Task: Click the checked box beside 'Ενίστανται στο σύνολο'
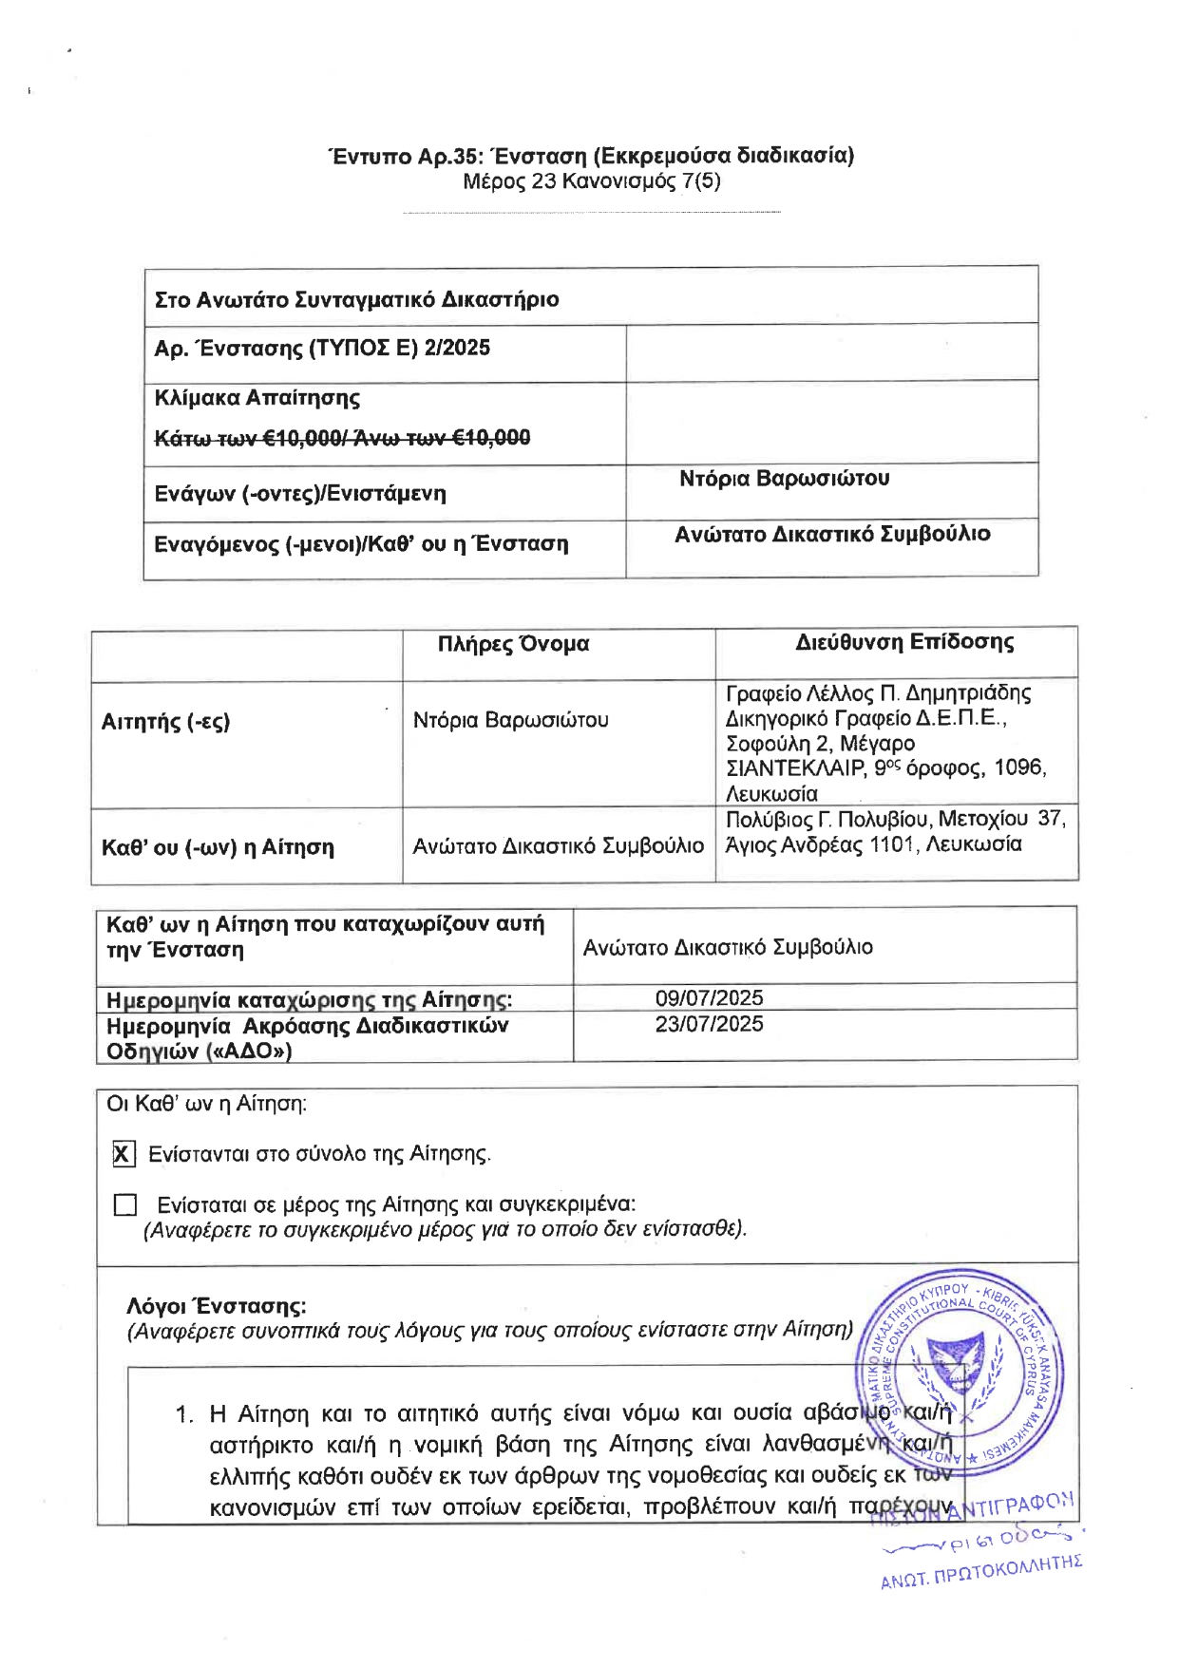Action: pos(124,1154)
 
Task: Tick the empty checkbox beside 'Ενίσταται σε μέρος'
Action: pos(124,1205)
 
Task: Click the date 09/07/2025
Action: pos(709,998)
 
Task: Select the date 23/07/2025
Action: pos(709,1024)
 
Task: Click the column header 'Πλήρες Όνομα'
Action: pos(513,644)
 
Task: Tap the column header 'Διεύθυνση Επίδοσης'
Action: pos(903,642)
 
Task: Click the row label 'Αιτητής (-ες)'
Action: pos(165,722)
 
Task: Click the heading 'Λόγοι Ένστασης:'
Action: pos(217,1306)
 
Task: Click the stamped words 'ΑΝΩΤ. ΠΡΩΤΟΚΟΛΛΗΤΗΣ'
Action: pos(981,1572)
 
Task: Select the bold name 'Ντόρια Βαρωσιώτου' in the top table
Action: pos(784,479)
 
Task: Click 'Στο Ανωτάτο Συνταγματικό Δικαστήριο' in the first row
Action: pos(356,300)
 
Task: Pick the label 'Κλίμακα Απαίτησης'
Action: pos(257,398)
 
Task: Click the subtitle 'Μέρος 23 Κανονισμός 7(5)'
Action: pos(591,180)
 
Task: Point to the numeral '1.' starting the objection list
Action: pos(184,1414)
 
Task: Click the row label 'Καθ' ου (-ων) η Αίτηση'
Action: pos(218,847)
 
